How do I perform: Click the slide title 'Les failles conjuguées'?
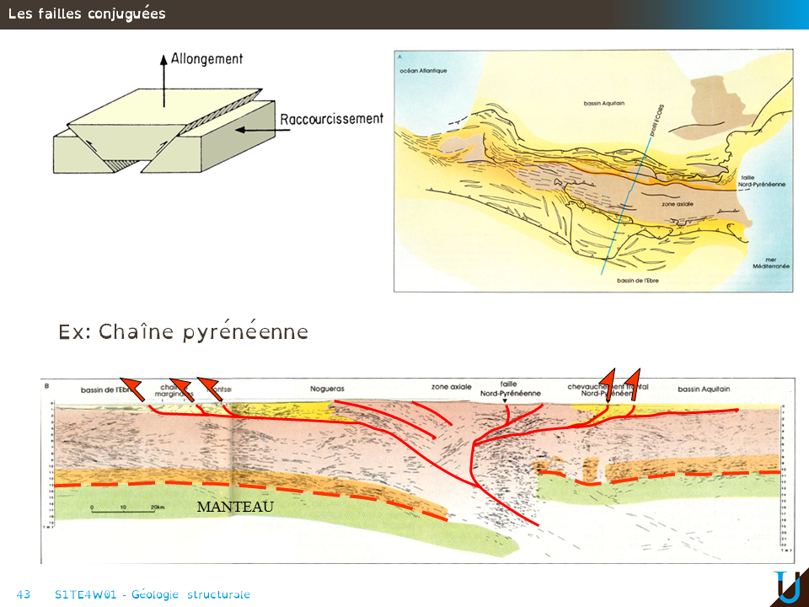pos(87,14)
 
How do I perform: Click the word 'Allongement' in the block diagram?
pos(206,59)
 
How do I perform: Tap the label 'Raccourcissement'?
pos(331,120)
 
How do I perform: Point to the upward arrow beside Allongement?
pos(163,80)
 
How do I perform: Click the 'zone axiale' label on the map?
pos(678,203)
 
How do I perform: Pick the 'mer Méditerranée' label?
pos(771,262)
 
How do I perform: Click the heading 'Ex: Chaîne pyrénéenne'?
pos(183,332)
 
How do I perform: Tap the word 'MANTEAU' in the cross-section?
pos(235,507)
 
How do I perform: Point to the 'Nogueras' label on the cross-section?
pos(327,389)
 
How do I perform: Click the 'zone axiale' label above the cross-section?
pos(451,387)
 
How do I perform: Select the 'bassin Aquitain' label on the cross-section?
pos(704,389)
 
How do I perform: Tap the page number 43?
pos(24,594)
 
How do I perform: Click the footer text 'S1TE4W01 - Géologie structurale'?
pos(152,594)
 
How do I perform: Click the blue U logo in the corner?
pos(788,587)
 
